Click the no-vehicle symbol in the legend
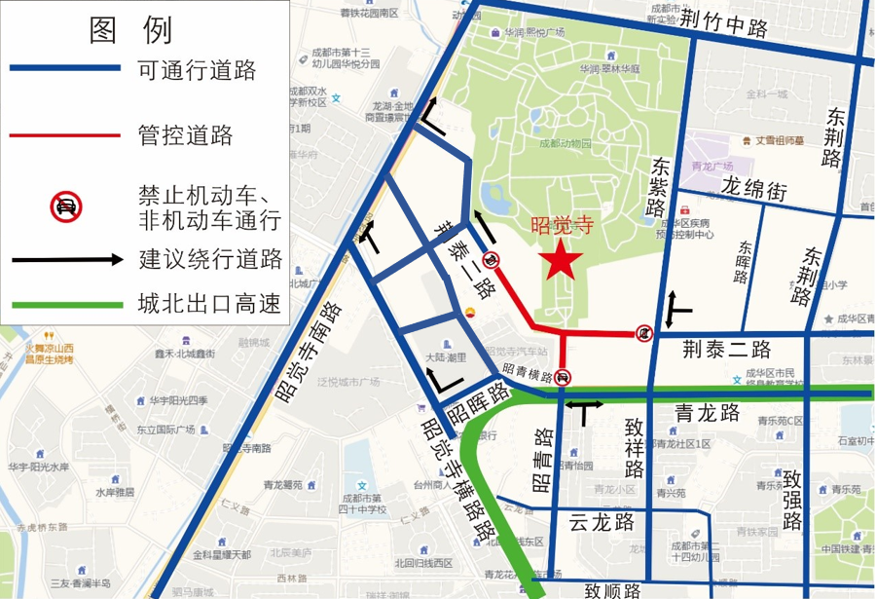[66, 206]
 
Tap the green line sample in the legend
[66, 306]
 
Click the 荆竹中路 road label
[724, 22]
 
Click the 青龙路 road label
[707, 413]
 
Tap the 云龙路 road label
[602, 520]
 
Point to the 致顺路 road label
[613, 588]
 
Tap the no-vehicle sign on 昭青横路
[566, 379]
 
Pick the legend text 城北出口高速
[209, 306]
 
